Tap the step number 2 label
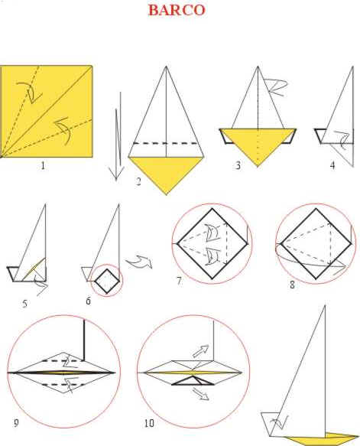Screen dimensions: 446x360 click(x=139, y=181)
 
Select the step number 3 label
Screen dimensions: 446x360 click(x=238, y=166)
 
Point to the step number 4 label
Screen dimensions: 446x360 click(x=332, y=165)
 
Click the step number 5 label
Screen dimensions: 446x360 click(x=25, y=304)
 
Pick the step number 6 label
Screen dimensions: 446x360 click(x=88, y=301)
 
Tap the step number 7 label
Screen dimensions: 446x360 click(x=178, y=282)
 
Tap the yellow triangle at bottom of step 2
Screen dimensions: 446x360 click(x=167, y=171)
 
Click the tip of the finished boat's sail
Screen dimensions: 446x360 click(x=327, y=307)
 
